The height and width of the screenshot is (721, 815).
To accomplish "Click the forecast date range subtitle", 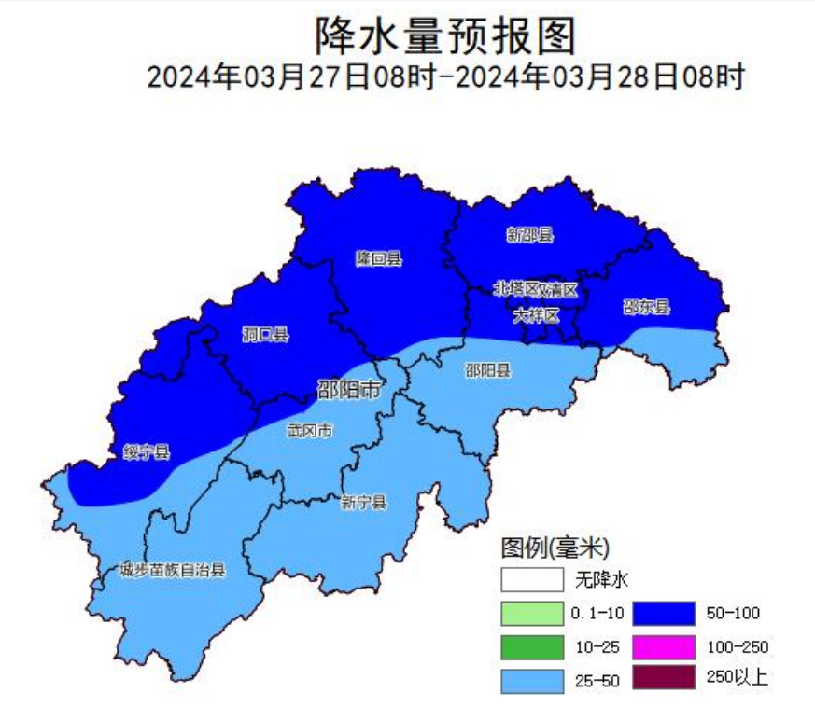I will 444,76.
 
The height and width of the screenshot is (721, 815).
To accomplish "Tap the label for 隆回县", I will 378,258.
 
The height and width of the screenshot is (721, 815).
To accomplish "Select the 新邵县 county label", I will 529,235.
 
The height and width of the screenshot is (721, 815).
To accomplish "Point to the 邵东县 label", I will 646,307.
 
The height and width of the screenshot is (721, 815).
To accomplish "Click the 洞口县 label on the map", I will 264,334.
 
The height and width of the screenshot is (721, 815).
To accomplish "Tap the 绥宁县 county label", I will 147,452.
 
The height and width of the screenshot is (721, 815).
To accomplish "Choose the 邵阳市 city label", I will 348,390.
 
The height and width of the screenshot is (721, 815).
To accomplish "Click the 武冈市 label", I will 309,430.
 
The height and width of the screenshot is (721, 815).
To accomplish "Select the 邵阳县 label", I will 487,370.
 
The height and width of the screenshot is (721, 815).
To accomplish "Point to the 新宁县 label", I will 363,503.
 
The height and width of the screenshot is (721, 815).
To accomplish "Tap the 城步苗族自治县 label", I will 173,569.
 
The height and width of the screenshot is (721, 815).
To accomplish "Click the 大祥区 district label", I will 535,316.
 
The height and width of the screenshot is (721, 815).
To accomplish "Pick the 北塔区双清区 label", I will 536,289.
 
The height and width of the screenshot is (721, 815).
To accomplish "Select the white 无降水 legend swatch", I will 532,579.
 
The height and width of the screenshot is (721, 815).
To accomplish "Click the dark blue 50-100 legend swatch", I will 664,613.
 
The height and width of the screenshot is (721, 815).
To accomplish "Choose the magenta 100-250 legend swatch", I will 664,646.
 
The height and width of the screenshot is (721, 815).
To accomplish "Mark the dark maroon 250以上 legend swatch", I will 664,678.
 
